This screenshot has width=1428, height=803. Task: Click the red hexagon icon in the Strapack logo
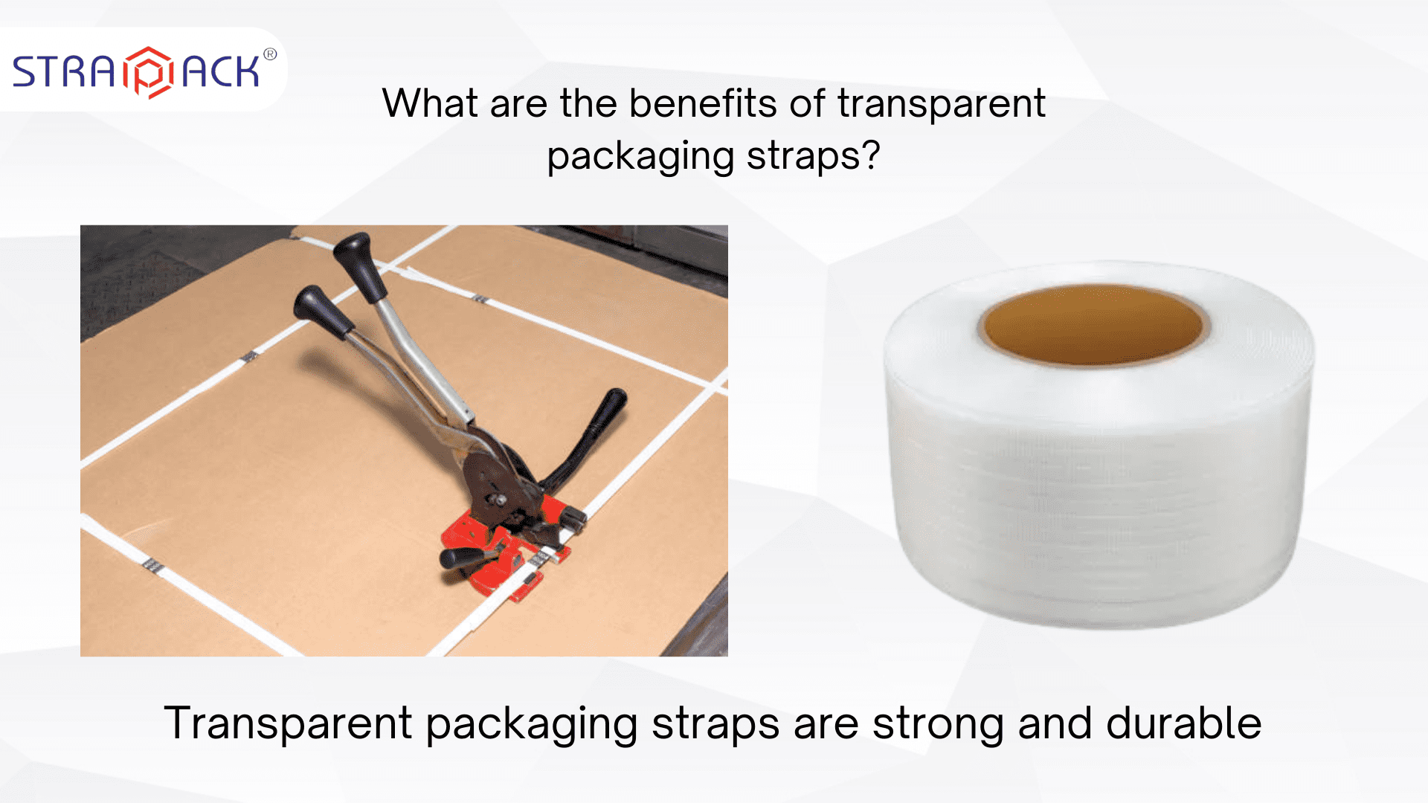148,72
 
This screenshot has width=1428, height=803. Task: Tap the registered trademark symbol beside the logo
270,54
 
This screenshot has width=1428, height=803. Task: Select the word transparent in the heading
942,104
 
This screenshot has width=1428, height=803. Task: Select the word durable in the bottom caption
1183,723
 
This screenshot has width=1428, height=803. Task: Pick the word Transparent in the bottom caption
288,723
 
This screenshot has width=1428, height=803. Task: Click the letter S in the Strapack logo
28,73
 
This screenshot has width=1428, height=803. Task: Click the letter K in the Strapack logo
245,73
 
